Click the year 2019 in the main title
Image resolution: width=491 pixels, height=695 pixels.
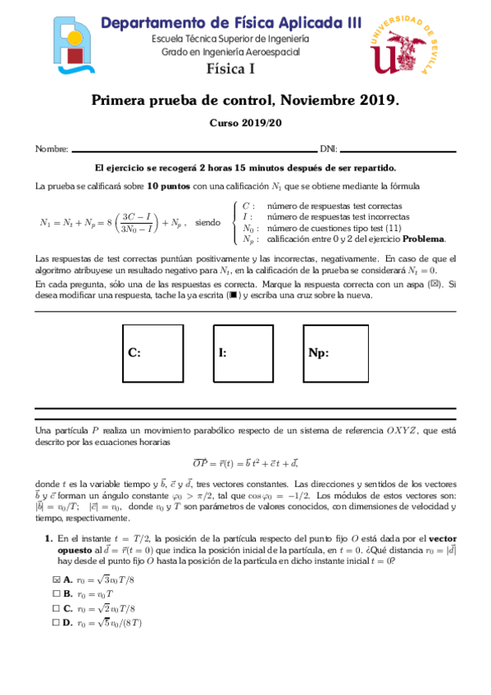pyautogui.click(x=377, y=101)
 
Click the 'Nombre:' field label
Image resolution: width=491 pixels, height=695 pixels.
pyautogui.click(x=52, y=149)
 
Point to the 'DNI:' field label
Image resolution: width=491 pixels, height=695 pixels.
pyautogui.click(x=328, y=149)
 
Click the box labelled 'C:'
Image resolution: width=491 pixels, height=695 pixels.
pyautogui.click(x=152, y=353)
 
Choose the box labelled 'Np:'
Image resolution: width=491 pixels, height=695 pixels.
pyautogui.click(x=334, y=353)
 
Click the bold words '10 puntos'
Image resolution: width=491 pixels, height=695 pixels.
pyautogui.click(x=170, y=186)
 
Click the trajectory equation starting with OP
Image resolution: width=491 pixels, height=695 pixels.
pyautogui.click(x=245, y=463)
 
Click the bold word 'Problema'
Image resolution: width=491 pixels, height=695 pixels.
pyautogui.click(x=424, y=238)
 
